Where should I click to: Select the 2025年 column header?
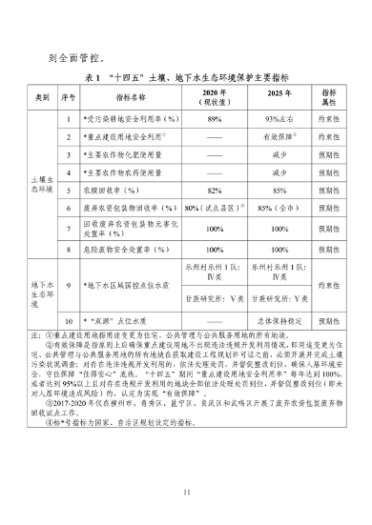coord(279,98)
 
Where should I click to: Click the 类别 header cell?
coord(43,98)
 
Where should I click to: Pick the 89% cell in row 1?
coord(215,120)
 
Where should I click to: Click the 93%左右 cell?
coord(279,120)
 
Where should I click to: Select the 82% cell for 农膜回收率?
coord(215,190)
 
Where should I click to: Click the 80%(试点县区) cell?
coord(215,207)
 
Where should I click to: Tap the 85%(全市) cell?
coord(279,207)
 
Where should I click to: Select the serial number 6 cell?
coord(70,207)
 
